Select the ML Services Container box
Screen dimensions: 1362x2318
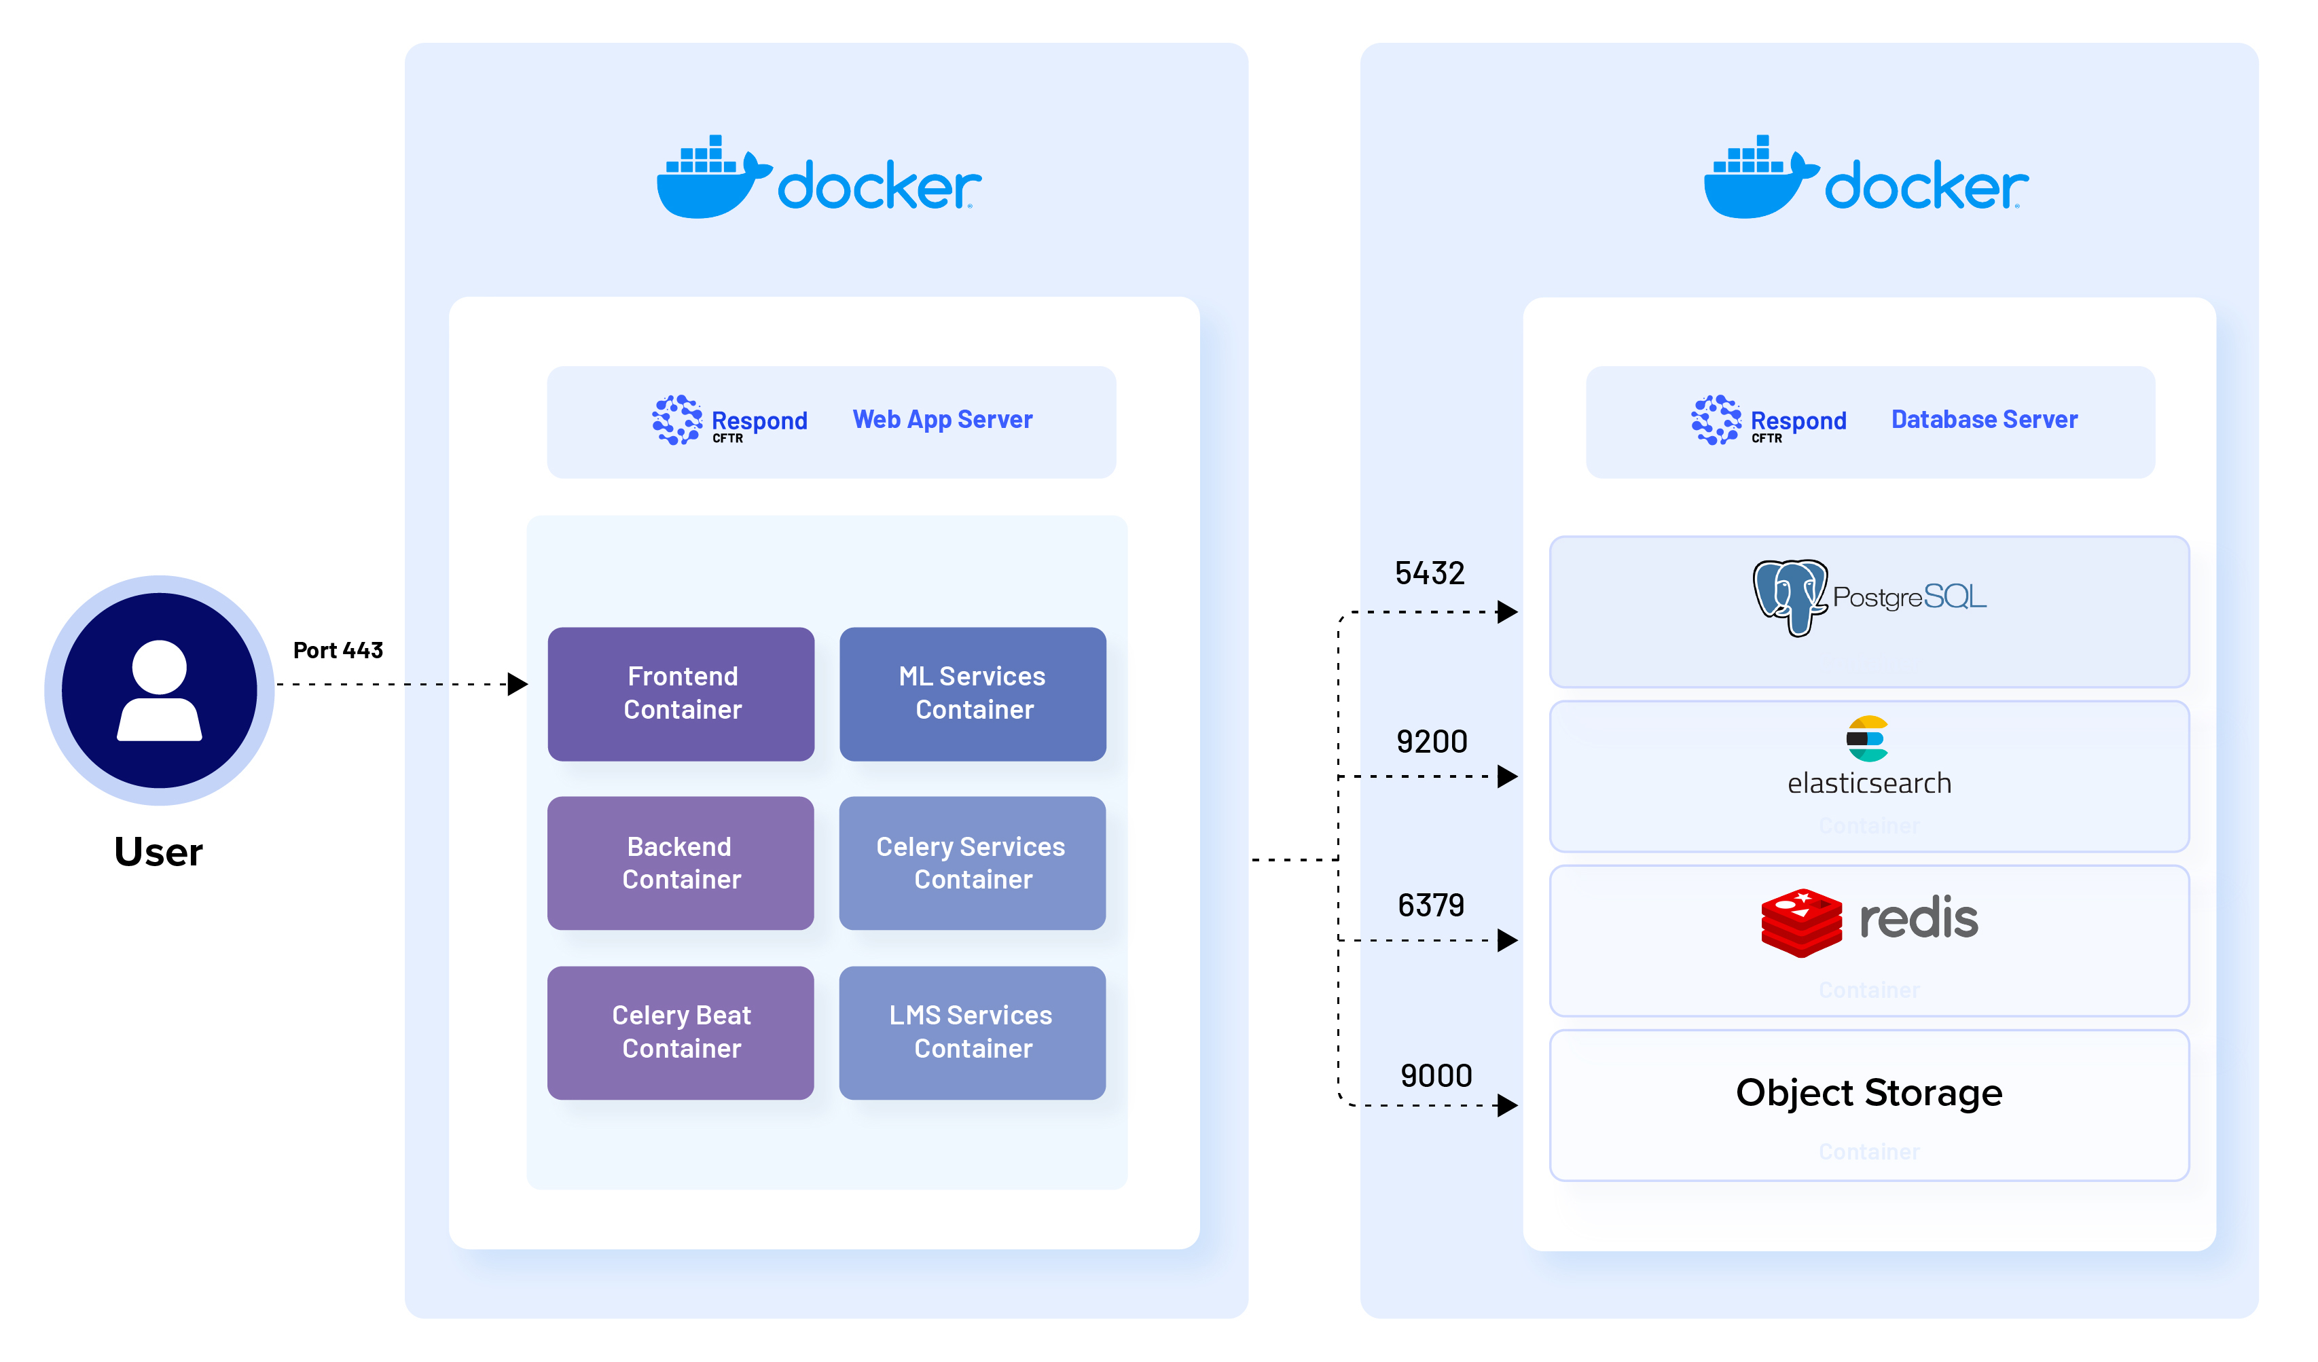point(973,694)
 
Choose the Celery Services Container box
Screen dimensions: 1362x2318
point(973,863)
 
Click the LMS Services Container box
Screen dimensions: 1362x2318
point(973,1033)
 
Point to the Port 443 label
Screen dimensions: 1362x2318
point(338,651)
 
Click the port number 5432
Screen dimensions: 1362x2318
point(1430,573)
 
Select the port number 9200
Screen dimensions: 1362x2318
point(1431,742)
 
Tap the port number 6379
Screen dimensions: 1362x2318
point(1430,906)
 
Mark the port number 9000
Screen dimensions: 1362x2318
point(1436,1076)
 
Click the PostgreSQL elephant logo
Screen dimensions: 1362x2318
point(1789,596)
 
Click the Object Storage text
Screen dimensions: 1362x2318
point(1868,1093)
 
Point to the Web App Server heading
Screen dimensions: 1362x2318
point(942,420)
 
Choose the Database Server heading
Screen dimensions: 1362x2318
point(1984,420)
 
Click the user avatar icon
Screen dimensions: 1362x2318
point(159,690)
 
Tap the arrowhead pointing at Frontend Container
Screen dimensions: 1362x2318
point(519,684)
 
